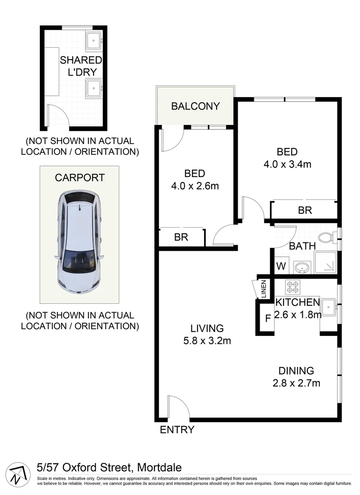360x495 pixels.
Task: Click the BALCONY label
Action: (196, 106)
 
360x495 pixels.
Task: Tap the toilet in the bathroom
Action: (326, 237)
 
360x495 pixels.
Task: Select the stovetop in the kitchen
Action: (292, 287)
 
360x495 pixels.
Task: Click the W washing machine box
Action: (281, 265)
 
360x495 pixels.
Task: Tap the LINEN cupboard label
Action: (264, 289)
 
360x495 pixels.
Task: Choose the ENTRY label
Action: (177, 430)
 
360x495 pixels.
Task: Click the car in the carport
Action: (79, 242)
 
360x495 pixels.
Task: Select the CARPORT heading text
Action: (80, 178)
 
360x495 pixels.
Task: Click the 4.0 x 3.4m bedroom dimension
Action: (287, 164)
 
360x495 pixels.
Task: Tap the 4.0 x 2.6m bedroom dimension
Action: (195, 186)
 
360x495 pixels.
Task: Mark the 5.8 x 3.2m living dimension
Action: (207, 341)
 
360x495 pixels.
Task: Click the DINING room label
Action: (296, 370)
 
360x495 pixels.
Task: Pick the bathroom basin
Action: (301, 267)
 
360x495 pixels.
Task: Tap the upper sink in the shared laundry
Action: (95, 40)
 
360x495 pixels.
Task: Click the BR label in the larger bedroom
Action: (305, 210)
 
